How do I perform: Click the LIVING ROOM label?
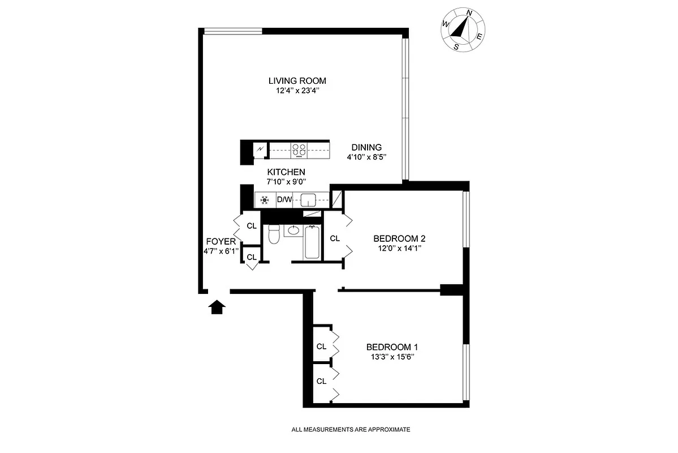(x=297, y=80)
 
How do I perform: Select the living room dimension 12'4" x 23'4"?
(x=297, y=90)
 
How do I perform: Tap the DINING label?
(x=366, y=147)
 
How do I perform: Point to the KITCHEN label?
(x=286, y=172)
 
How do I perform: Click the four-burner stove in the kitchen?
(x=299, y=150)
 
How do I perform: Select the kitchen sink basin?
(x=308, y=200)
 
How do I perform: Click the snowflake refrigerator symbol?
(x=264, y=200)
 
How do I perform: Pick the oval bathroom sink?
(x=293, y=230)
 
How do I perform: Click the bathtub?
(x=312, y=242)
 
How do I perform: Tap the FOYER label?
(x=221, y=241)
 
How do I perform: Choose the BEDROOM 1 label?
(x=392, y=347)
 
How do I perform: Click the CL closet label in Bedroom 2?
(x=334, y=238)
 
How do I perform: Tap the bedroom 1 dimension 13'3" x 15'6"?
(x=392, y=357)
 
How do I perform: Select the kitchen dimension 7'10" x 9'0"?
(x=286, y=182)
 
